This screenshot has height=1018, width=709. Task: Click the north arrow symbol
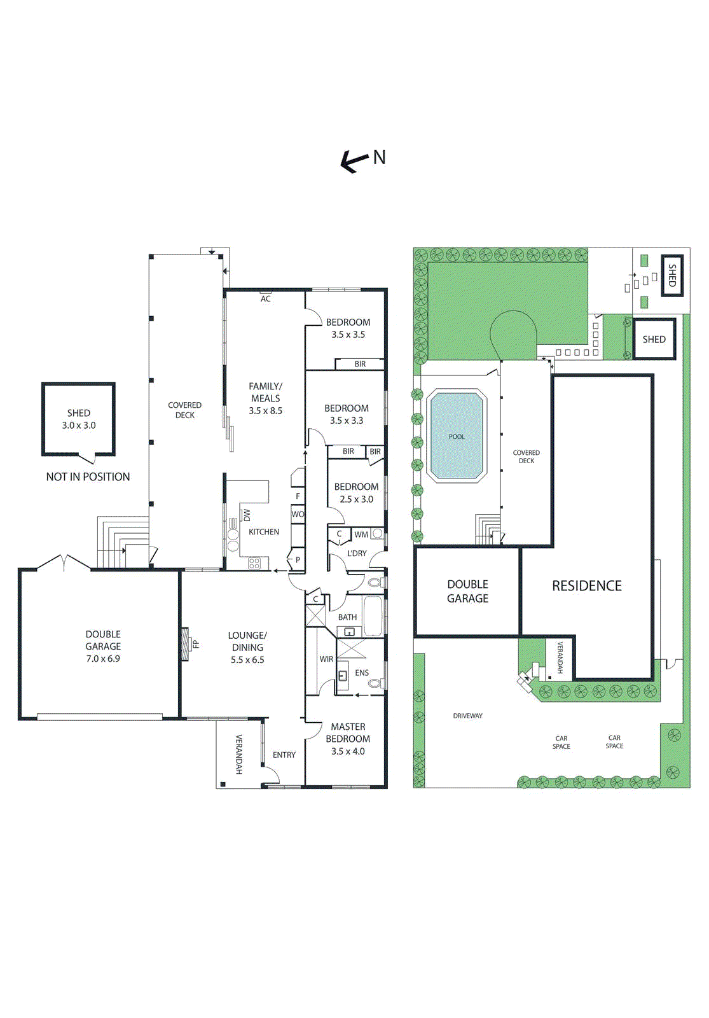[x=355, y=162]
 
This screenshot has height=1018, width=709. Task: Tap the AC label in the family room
[x=266, y=298]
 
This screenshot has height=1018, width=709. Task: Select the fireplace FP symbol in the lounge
[x=186, y=644]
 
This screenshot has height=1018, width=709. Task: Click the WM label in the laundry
[x=361, y=534]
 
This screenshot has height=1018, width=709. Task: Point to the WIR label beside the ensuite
[x=326, y=659]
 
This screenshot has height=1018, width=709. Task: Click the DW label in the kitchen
[x=247, y=515]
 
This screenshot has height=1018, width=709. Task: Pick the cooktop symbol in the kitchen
[x=254, y=563]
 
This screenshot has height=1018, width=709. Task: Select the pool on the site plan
[x=457, y=436]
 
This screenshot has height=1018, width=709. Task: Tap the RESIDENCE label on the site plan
[x=586, y=586]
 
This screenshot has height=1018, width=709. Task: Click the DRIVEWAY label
[x=467, y=716]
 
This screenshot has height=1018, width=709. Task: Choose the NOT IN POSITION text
[x=88, y=477]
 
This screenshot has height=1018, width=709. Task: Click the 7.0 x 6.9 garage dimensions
[x=103, y=659]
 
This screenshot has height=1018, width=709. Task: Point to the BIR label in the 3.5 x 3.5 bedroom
[x=360, y=364]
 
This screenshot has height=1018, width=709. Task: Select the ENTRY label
[x=284, y=755]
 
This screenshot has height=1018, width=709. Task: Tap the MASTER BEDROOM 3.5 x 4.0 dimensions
[x=348, y=751]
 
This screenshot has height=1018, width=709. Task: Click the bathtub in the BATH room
[x=373, y=616]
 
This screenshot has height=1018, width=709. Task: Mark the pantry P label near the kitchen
[x=298, y=560]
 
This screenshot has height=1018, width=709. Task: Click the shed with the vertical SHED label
[x=672, y=275]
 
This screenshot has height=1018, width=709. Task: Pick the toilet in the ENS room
[x=375, y=683]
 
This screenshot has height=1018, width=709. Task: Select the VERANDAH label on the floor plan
[x=239, y=754]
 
